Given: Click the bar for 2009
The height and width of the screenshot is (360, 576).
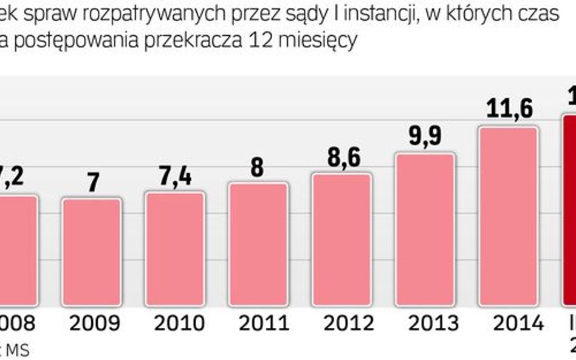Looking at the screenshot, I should tap(92, 254).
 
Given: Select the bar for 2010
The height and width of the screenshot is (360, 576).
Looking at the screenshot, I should tap(175, 251).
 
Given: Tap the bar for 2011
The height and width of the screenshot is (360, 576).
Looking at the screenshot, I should tap(258, 246).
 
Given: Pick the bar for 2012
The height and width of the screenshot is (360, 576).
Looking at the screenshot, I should tap(341, 241).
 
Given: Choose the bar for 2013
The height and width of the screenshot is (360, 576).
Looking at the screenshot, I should tap(425, 231).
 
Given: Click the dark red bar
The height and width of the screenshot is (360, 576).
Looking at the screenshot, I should tap(569, 212).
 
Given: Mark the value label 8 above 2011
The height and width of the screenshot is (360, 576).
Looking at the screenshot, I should tap(258, 167).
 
